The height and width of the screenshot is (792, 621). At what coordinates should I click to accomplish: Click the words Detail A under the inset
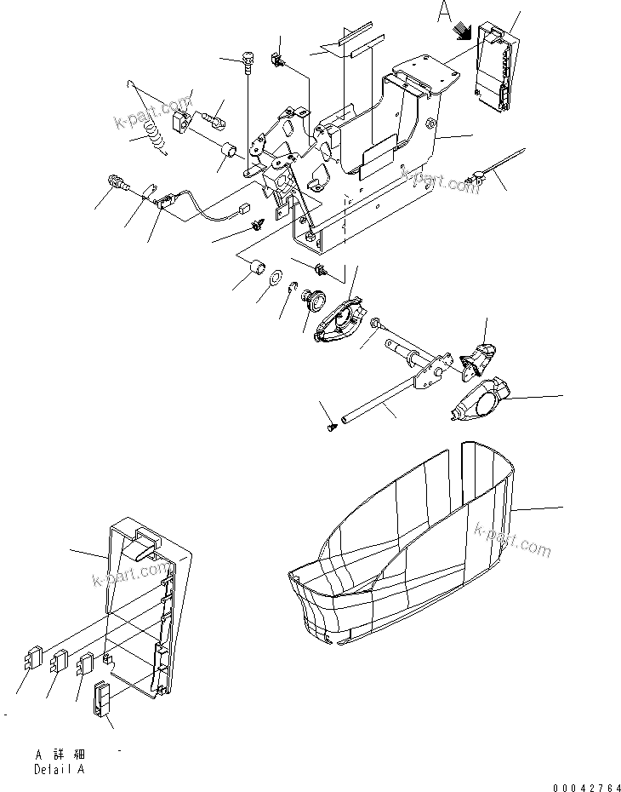pyautogui.click(x=60, y=769)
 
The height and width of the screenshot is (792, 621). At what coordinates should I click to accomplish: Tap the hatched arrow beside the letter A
pyautogui.click(x=463, y=32)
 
